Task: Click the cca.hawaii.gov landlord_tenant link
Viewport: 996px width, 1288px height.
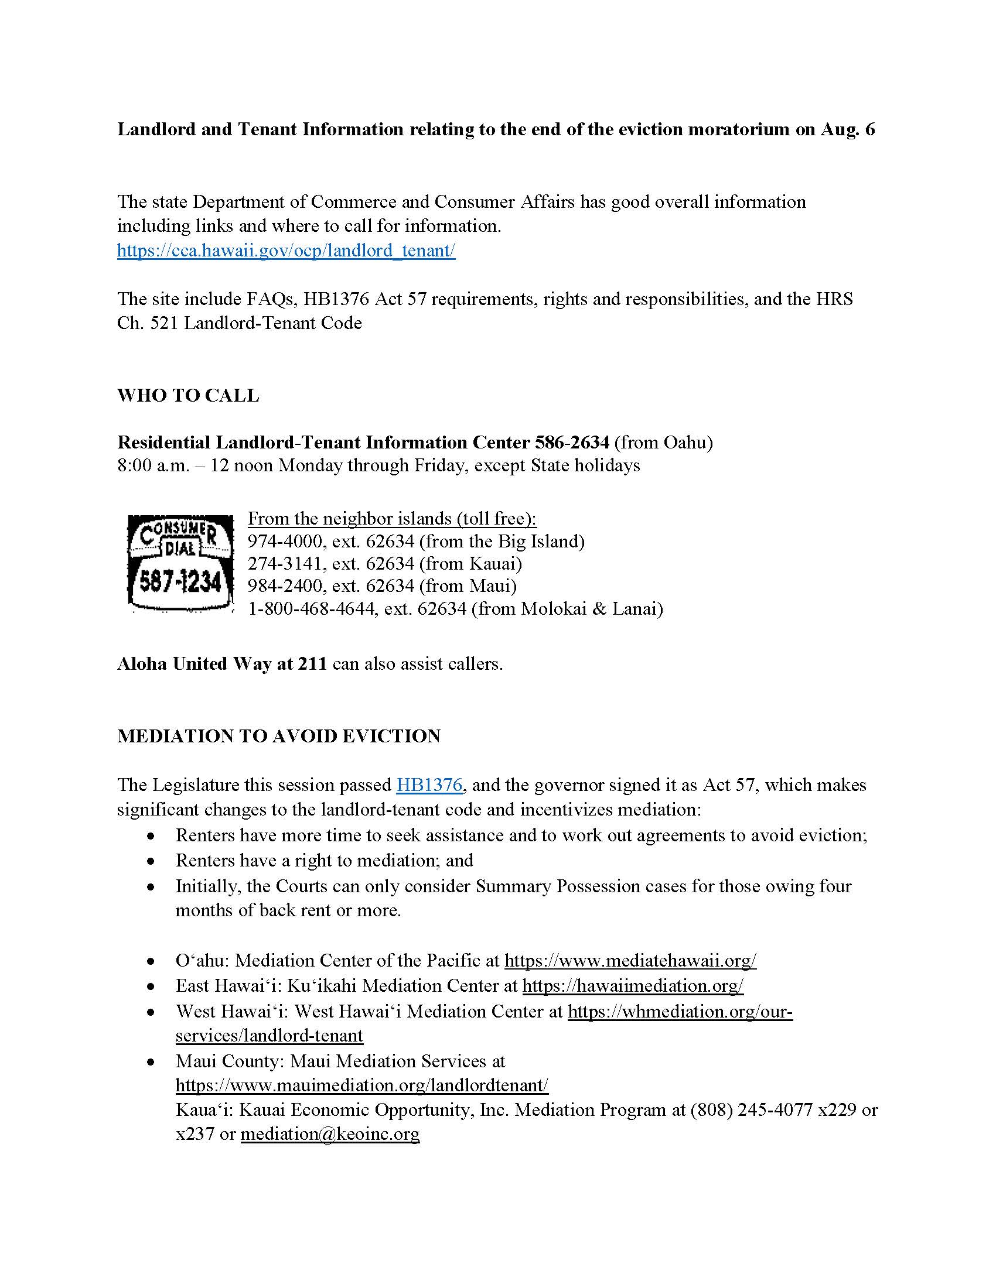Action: [x=286, y=251]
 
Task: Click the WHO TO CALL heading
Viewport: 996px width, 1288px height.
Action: [x=188, y=395]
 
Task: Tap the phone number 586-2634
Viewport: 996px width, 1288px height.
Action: [x=572, y=442]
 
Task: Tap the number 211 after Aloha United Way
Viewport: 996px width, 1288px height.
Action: [x=312, y=664]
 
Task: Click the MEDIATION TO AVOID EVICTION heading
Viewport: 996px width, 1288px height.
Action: [x=278, y=736]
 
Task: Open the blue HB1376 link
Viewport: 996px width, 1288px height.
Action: [x=429, y=785]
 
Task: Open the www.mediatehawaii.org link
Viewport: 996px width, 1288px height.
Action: [x=630, y=961]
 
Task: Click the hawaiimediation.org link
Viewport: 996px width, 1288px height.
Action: [x=633, y=985]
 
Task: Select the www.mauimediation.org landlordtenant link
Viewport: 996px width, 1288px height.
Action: [x=361, y=1085]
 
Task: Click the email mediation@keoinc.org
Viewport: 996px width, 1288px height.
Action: [x=330, y=1134]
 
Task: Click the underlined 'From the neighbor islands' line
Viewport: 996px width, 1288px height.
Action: [x=392, y=518]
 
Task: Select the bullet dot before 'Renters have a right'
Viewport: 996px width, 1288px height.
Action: [x=152, y=861]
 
